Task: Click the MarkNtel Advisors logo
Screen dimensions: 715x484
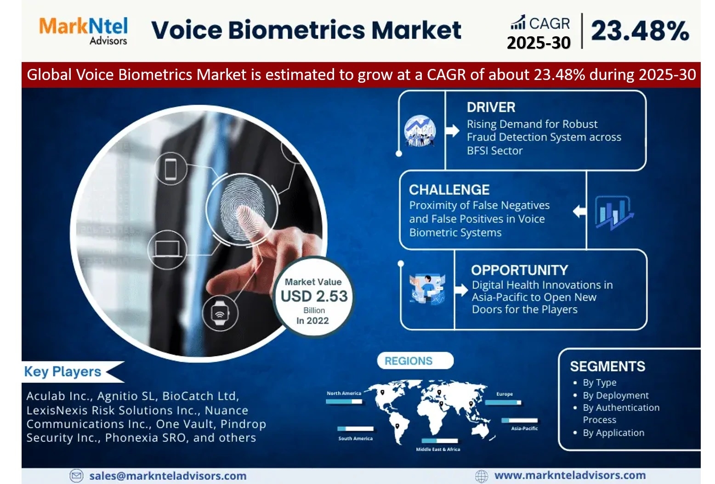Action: click(x=83, y=31)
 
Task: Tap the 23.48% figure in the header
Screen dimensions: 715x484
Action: click(x=640, y=31)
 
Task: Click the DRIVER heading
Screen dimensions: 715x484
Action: click(x=491, y=107)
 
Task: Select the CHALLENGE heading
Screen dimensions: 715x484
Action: click(x=449, y=190)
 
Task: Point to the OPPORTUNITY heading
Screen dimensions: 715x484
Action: click(x=519, y=270)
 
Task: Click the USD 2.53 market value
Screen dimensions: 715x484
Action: click(x=314, y=296)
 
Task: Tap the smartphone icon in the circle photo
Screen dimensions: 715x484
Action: click(x=170, y=169)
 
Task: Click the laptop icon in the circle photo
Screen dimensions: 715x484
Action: click(x=167, y=249)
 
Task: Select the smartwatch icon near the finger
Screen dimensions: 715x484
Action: click(x=220, y=313)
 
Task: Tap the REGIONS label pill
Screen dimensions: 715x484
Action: click(x=415, y=361)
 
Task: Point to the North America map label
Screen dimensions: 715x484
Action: click(x=344, y=393)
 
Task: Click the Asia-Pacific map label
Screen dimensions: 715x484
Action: click(x=524, y=428)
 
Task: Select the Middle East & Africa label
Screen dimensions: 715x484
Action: click(x=438, y=449)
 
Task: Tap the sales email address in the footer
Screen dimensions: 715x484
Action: click(x=168, y=476)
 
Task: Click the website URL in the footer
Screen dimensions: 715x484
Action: click(x=570, y=475)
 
